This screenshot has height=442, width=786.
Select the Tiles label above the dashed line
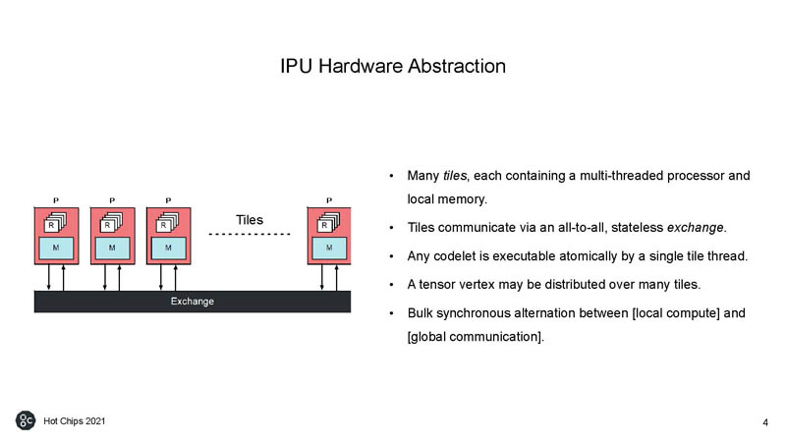(x=250, y=219)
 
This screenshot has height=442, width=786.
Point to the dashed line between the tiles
(x=250, y=235)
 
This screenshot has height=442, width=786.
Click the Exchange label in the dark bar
(x=193, y=302)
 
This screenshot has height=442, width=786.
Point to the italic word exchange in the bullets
(x=696, y=229)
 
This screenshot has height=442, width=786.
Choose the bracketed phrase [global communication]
(x=474, y=337)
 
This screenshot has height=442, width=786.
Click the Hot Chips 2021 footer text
(x=73, y=420)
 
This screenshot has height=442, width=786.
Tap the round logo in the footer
(x=26, y=420)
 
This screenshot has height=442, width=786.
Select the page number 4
(x=764, y=422)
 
